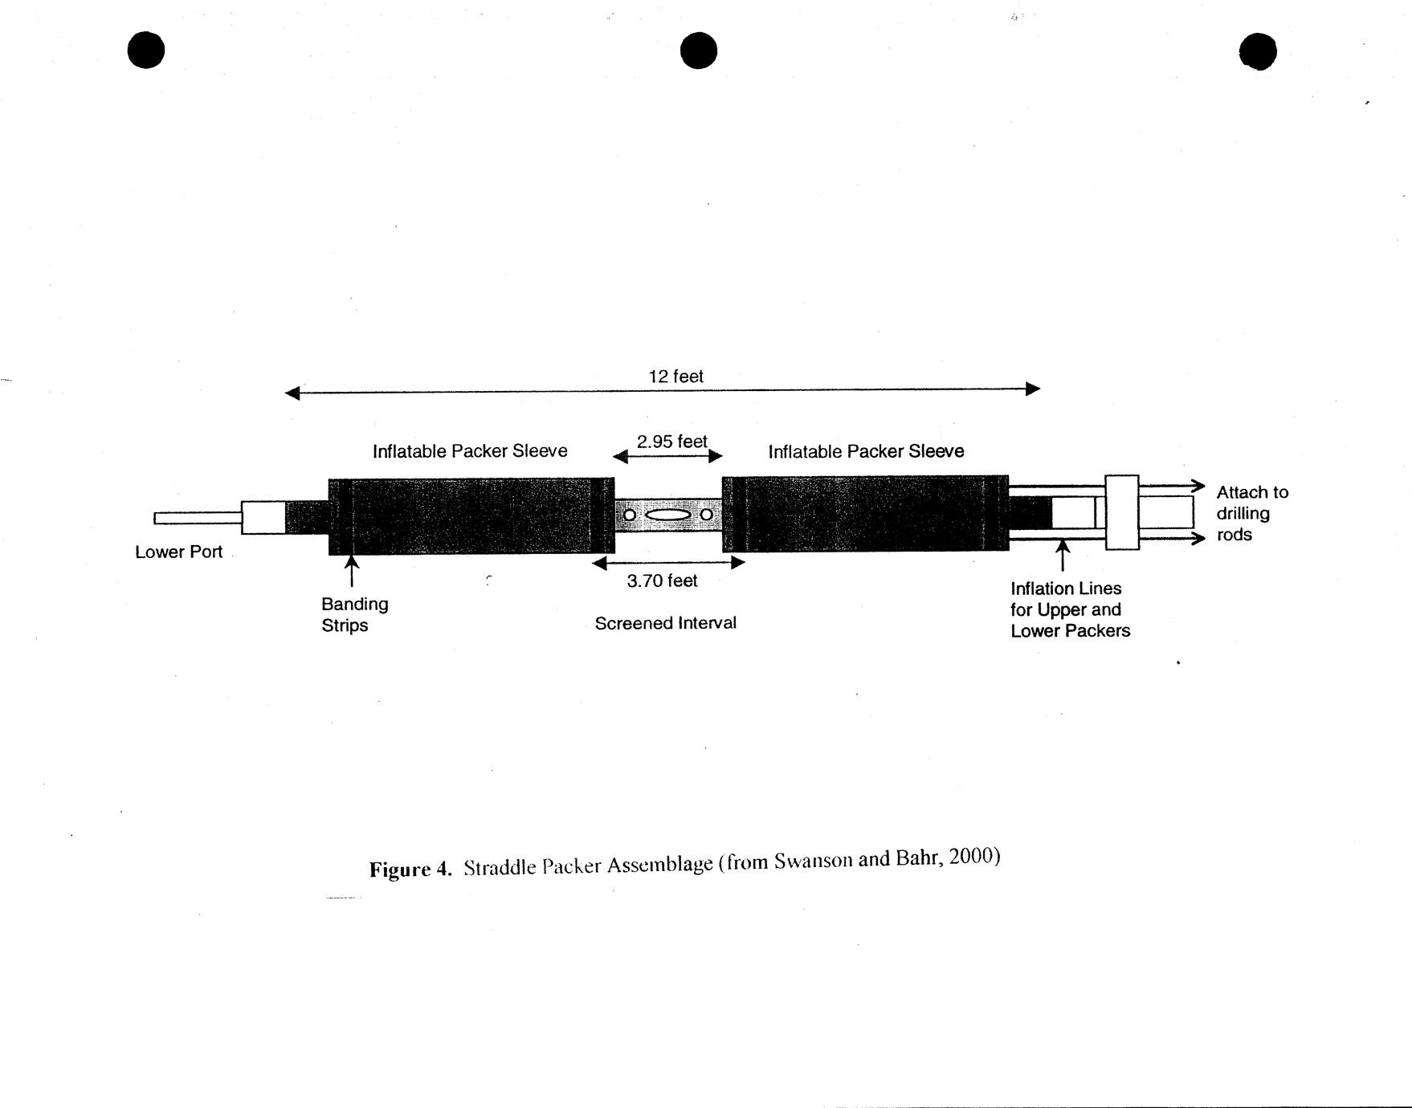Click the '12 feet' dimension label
[675, 377]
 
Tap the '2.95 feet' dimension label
[672, 442]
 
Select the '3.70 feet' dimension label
[662, 580]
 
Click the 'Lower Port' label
[178, 552]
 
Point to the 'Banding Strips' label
[354, 615]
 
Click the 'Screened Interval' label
[665, 623]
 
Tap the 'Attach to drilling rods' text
[1252, 514]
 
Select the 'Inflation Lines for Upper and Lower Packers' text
[1070, 609]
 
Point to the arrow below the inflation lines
[1063, 556]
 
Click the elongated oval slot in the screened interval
[667, 515]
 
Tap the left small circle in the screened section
[630, 515]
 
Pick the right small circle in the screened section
[706, 514]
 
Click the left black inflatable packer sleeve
[471, 516]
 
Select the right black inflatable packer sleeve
[866, 514]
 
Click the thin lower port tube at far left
[198, 519]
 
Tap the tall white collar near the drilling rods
[1122, 512]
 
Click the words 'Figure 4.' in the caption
[410, 870]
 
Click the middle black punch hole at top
[699, 51]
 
